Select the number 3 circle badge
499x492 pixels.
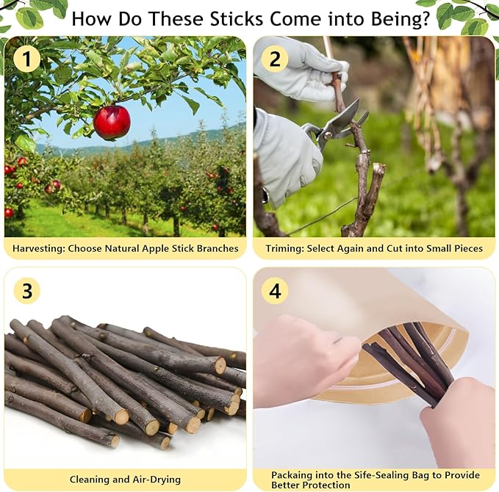[x=27, y=291]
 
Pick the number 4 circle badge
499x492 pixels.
[x=275, y=291]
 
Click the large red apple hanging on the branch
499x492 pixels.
[x=112, y=122]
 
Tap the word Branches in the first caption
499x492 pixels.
[x=217, y=248]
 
